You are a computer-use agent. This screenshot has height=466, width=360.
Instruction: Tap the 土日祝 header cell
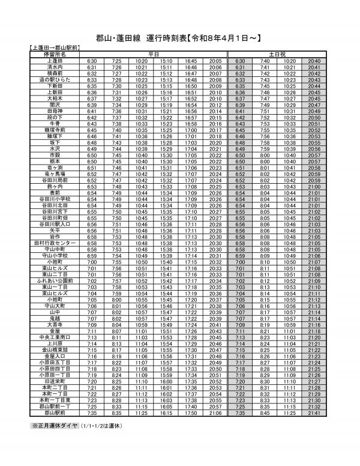click(277, 55)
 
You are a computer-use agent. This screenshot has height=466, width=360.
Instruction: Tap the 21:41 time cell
click(313, 413)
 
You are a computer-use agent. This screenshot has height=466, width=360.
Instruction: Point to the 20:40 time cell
click(313, 61)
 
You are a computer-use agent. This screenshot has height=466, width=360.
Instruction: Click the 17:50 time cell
click(191, 413)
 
